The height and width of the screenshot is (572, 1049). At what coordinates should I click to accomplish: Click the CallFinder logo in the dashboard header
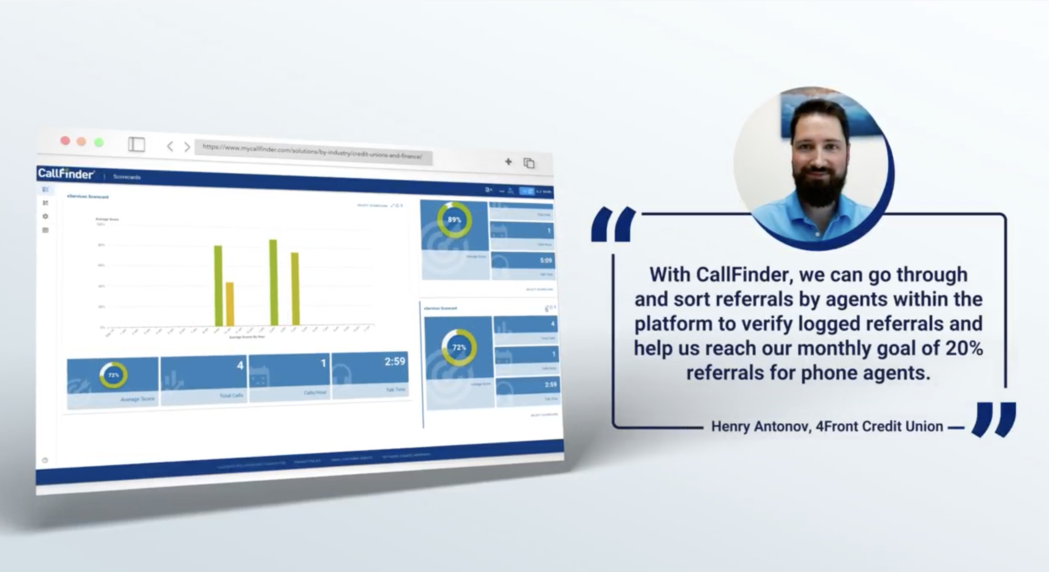coord(66,174)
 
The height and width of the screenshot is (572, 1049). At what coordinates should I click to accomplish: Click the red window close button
coord(65,140)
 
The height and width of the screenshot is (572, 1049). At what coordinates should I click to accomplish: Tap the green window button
coord(99,142)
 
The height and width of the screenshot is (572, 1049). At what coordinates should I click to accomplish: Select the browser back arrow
coord(170,147)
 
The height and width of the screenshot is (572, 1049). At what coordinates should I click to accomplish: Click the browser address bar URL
coord(312,152)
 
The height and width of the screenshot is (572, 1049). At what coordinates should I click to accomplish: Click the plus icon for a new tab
coord(508,162)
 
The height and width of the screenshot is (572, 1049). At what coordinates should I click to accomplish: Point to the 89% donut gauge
coord(454,220)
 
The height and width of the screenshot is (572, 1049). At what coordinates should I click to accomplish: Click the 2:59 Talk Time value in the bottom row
coord(395,361)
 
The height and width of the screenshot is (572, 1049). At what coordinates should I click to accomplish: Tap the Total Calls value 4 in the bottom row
coord(240,365)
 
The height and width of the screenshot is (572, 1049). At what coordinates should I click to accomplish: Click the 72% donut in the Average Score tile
coord(113,375)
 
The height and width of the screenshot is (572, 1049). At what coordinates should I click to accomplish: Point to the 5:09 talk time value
coord(546,260)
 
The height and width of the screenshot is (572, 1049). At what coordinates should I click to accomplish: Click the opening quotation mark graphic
coord(613,224)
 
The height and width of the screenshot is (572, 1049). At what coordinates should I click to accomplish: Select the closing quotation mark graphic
coord(994,419)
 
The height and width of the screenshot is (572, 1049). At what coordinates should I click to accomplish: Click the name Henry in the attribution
coord(731,426)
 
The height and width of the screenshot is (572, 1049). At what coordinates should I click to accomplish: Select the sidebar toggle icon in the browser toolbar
coord(136,145)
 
